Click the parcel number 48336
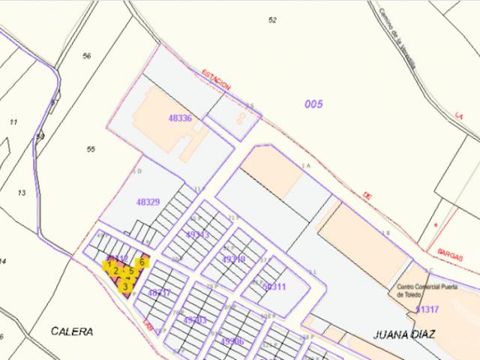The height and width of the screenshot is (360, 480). click(179, 118)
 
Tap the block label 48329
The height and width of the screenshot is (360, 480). click(148, 202)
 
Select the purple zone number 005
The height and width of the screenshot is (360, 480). click(313, 104)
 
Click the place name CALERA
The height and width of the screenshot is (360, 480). click(72, 331)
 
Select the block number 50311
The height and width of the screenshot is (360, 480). click(274, 286)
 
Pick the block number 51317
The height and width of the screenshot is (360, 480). click(427, 308)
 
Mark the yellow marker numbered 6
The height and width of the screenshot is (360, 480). click(142, 262)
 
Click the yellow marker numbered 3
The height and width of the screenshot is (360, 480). click(124, 286)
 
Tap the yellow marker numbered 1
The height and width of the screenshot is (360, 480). click(110, 263)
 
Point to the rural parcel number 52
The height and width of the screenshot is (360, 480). click(272, 19)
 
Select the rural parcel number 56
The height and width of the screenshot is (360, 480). click(87, 56)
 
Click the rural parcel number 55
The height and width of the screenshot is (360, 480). click(91, 149)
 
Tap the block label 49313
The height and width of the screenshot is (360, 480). click(197, 234)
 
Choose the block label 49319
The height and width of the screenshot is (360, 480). click(234, 259)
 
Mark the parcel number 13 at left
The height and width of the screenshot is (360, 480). click(21, 193)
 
